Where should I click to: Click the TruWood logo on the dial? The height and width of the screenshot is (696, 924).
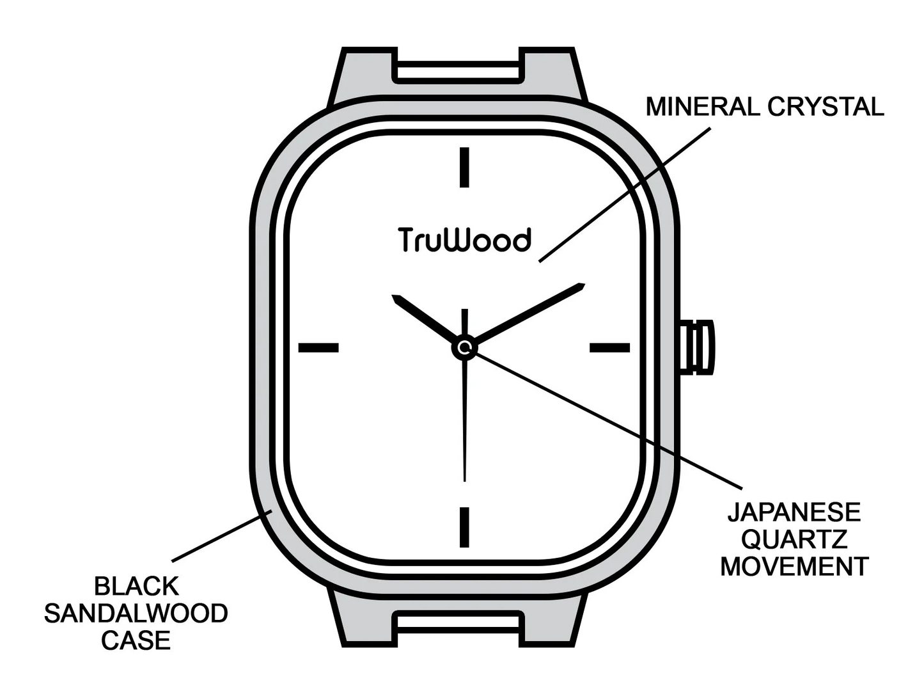pyautogui.click(x=464, y=240)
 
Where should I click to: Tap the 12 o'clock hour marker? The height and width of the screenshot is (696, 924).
pyautogui.click(x=464, y=167)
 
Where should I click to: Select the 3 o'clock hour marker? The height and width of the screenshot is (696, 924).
pyautogui.click(x=609, y=347)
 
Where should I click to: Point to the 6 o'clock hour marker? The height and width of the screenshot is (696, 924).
pyautogui.click(x=464, y=527)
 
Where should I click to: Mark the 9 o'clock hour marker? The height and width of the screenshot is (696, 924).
pyautogui.click(x=318, y=347)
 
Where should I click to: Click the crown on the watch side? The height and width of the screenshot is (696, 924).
pyautogui.click(x=696, y=347)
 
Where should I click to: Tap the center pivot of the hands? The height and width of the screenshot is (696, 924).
pyautogui.click(x=464, y=348)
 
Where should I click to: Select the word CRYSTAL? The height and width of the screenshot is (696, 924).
pyautogui.click(x=826, y=107)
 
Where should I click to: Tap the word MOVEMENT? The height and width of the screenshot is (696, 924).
pyautogui.click(x=794, y=566)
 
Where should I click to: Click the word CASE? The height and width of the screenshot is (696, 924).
pyautogui.click(x=136, y=640)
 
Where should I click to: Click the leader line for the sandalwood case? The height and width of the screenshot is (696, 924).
pyautogui.click(x=223, y=535)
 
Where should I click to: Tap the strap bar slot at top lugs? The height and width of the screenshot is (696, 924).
pyautogui.click(x=458, y=71)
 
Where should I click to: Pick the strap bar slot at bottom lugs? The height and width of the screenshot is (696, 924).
pyautogui.click(x=458, y=625)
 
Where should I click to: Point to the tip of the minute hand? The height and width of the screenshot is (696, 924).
pyautogui.click(x=584, y=284)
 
